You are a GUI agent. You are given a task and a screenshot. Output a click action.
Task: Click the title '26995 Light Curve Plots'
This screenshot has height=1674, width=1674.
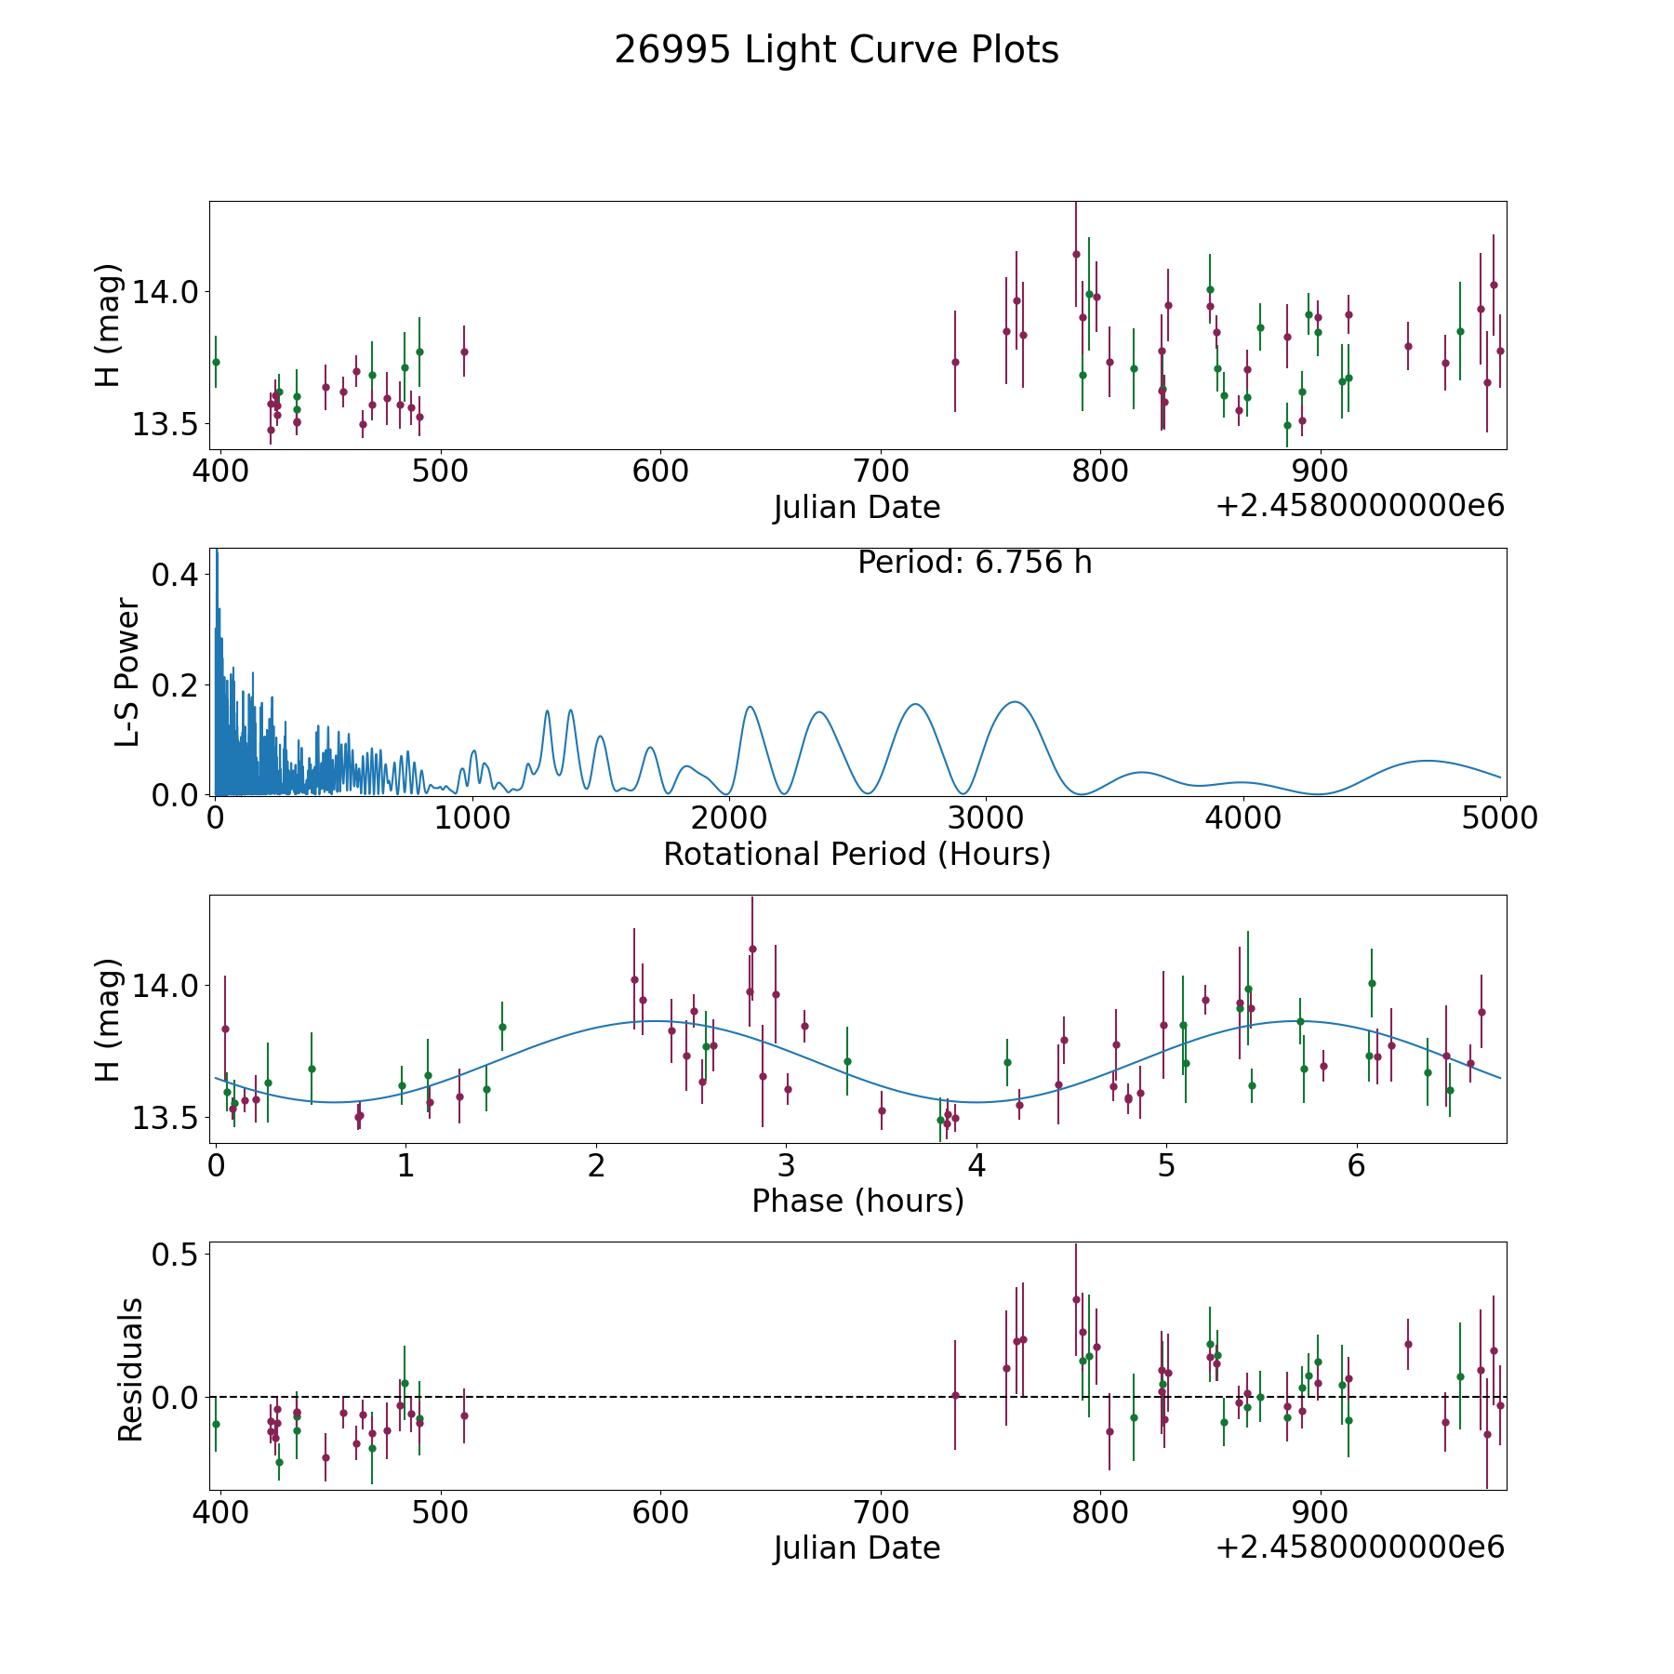[836, 50]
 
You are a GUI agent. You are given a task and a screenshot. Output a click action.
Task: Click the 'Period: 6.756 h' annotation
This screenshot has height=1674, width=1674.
[975, 563]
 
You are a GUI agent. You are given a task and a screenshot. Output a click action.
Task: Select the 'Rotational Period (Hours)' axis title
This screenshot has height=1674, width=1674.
[857, 854]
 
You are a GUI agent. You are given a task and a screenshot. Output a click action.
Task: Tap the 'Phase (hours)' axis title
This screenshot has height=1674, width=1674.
[857, 1201]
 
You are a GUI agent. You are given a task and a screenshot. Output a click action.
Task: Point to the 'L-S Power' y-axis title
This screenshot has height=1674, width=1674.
[127, 671]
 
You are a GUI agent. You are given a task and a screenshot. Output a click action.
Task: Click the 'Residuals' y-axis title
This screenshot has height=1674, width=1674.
[130, 1369]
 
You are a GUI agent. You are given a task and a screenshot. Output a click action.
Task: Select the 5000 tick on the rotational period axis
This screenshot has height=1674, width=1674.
[1500, 818]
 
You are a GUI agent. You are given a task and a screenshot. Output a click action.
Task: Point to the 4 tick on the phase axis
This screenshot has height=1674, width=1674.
[976, 1165]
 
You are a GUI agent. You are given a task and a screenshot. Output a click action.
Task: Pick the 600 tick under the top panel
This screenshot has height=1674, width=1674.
[660, 472]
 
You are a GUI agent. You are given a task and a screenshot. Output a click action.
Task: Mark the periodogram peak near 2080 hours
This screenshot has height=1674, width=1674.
[750, 707]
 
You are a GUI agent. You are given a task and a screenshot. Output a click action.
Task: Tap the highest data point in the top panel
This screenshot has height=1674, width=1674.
[1076, 254]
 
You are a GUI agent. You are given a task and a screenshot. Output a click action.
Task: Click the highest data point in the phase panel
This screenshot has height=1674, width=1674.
[752, 949]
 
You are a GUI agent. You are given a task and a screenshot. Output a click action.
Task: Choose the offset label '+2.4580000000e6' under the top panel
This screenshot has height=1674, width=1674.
[1360, 507]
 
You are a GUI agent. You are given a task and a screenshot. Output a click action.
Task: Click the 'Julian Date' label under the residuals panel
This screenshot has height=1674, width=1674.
[857, 1548]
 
